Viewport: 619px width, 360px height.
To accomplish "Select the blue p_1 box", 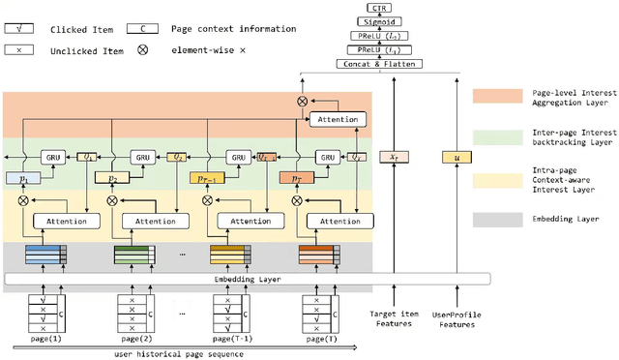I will (x=23, y=179).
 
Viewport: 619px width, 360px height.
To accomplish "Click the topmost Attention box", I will (x=338, y=120).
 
